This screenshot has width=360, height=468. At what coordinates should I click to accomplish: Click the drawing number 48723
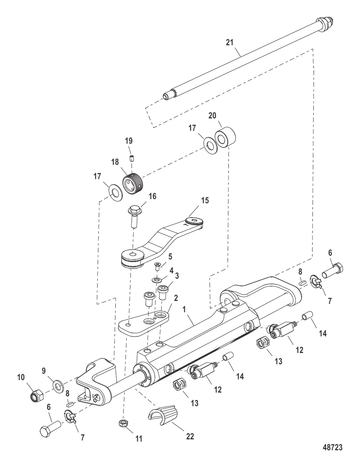(x=332, y=447)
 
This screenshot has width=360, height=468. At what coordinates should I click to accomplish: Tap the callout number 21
(x=230, y=43)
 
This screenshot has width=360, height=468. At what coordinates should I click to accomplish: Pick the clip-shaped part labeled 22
(x=164, y=416)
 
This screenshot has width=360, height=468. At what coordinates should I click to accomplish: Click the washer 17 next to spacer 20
(x=208, y=144)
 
